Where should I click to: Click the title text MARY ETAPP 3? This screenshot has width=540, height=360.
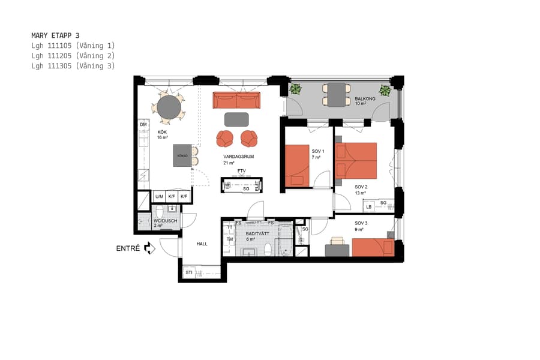coord(55,35)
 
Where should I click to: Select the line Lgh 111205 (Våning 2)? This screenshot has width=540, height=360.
coord(73,56)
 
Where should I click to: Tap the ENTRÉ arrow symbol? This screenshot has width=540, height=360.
coord(149,248)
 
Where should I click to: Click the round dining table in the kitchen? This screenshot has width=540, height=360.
coord(169,106)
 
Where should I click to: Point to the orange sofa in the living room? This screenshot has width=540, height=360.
coord(236,100)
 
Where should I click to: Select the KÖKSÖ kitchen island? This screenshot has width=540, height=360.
coord(182,155)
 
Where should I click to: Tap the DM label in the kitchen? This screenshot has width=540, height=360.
coord(143,125)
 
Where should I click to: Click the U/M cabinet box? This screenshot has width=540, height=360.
coord(159,197)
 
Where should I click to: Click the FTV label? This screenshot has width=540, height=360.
coord(242,172)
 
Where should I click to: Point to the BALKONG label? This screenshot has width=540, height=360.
coord(365,98)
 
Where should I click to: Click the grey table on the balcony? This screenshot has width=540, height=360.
coord(337,94)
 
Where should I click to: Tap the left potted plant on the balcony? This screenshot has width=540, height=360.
coord(295,90)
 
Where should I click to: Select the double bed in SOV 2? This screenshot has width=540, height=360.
coord(356,160)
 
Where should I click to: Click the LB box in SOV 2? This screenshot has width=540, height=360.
coord(369,207)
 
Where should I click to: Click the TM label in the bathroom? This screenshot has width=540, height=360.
coord(229,239)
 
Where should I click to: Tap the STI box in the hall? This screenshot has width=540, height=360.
coord(189,273)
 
